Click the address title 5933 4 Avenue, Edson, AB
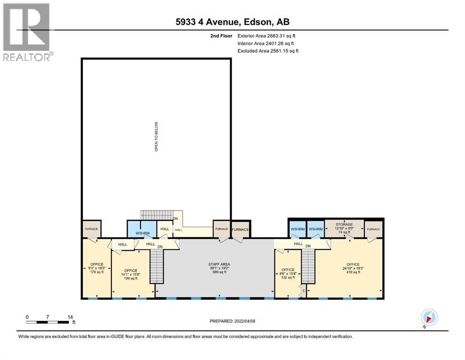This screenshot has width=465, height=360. [x=232, y=22]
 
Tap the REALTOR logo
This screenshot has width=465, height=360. [x=27, y=32]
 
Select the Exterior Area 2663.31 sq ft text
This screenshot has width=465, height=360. [x=266, y=35]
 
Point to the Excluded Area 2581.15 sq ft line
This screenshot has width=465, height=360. [x=268, y=51]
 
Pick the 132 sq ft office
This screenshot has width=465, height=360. [x=288, y=273]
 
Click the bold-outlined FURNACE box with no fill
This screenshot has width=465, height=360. [x=241, y=229]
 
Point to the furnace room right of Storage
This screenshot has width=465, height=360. [x=374, y=229]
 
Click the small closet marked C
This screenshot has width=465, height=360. [x=303, y=291]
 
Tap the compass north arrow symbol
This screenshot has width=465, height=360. [x=429, y=317]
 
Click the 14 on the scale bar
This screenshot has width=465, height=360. [x=70, y=317]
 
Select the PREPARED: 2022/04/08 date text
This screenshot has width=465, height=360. [x=233, y=321]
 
